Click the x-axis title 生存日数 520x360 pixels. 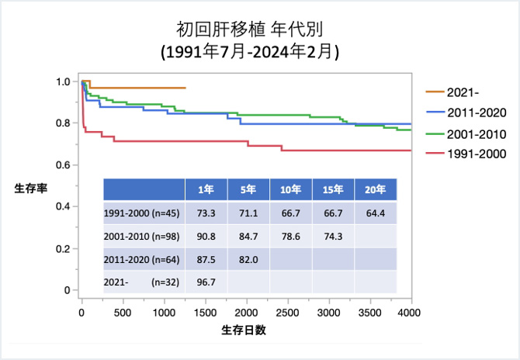244,330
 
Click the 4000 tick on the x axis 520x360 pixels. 409,312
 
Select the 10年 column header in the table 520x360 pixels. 290,190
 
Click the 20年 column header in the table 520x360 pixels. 375,190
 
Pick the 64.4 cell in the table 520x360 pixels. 375,213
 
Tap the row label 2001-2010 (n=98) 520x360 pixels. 140,236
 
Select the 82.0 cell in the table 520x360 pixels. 248,259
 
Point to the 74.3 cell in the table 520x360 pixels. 332,236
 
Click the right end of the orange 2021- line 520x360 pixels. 185,88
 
